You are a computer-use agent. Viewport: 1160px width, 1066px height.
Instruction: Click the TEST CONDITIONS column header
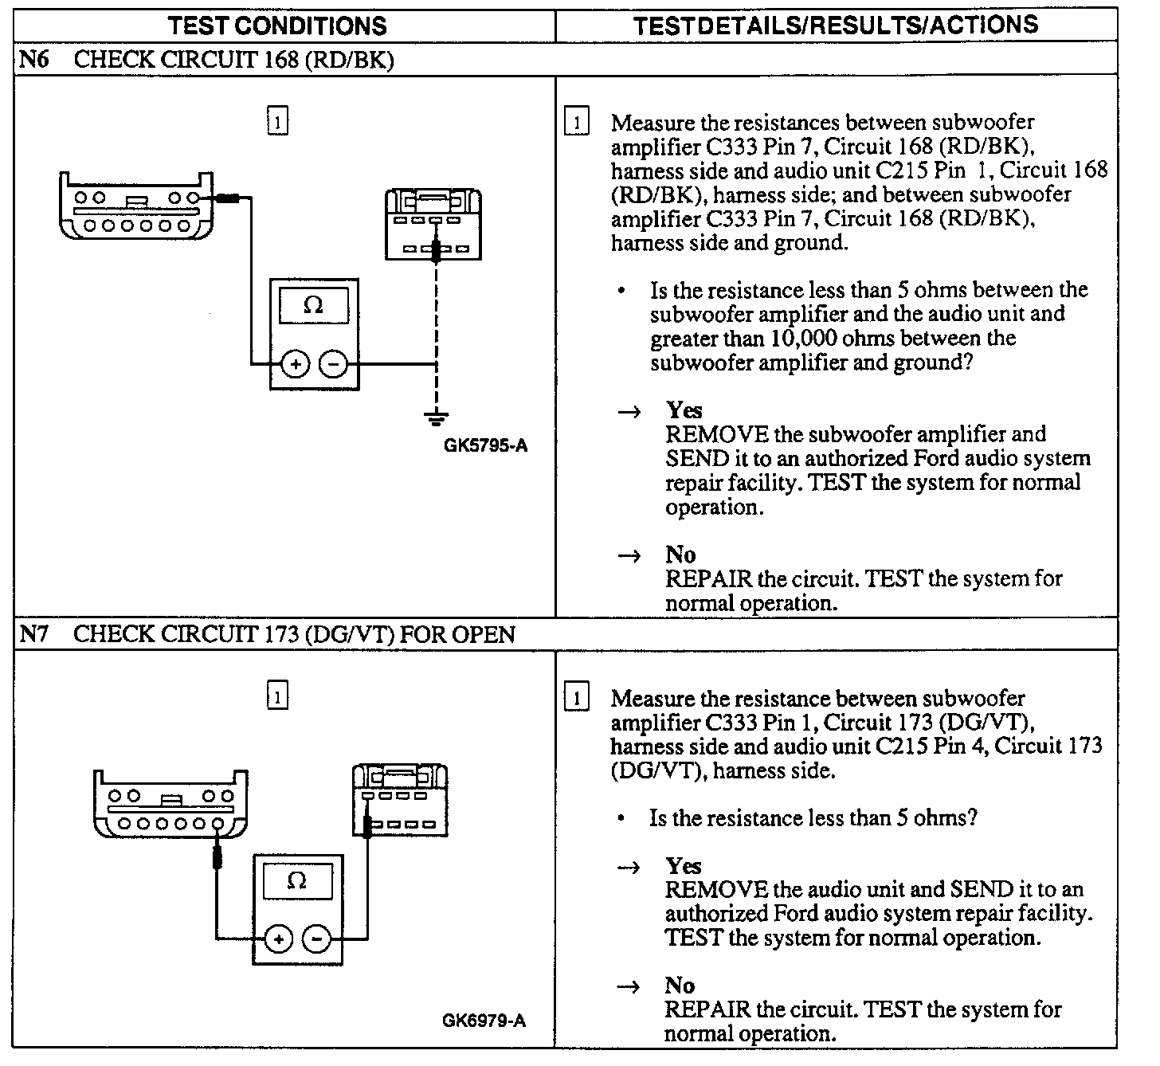(x=277, y=25)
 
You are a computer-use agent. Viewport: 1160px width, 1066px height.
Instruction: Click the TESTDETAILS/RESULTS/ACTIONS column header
(x=836, y=25)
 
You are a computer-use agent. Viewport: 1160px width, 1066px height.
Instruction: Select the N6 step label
(x=33, y=61)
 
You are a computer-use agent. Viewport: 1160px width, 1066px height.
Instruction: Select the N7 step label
(x=33, y=635)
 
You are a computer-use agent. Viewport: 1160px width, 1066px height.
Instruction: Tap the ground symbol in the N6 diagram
(x=436, y=416)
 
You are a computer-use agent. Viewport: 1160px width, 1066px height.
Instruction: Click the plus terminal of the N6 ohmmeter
(x=295, y=366)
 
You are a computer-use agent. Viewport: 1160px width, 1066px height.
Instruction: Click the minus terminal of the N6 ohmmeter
(x=334, y=366)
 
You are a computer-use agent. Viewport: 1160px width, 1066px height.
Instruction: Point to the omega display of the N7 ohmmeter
(x=297, y=881)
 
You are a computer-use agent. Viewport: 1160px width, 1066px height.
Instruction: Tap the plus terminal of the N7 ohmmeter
(x=278, y=940)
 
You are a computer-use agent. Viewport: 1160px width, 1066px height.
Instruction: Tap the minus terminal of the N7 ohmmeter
(x=317, y=940)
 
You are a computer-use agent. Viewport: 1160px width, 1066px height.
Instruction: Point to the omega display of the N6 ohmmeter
(x=314, y=306)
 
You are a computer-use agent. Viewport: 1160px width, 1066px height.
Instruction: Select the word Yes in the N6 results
(x=684, y=410)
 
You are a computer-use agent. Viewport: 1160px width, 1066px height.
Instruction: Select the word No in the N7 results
(x=680, y=986)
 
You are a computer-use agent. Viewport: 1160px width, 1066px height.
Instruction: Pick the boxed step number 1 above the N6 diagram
(x=276, y=122)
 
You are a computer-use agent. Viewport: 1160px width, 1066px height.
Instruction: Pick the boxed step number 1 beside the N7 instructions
(x=576, y=699)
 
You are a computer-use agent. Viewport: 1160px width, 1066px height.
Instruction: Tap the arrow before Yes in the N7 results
(x=629, y=867)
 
